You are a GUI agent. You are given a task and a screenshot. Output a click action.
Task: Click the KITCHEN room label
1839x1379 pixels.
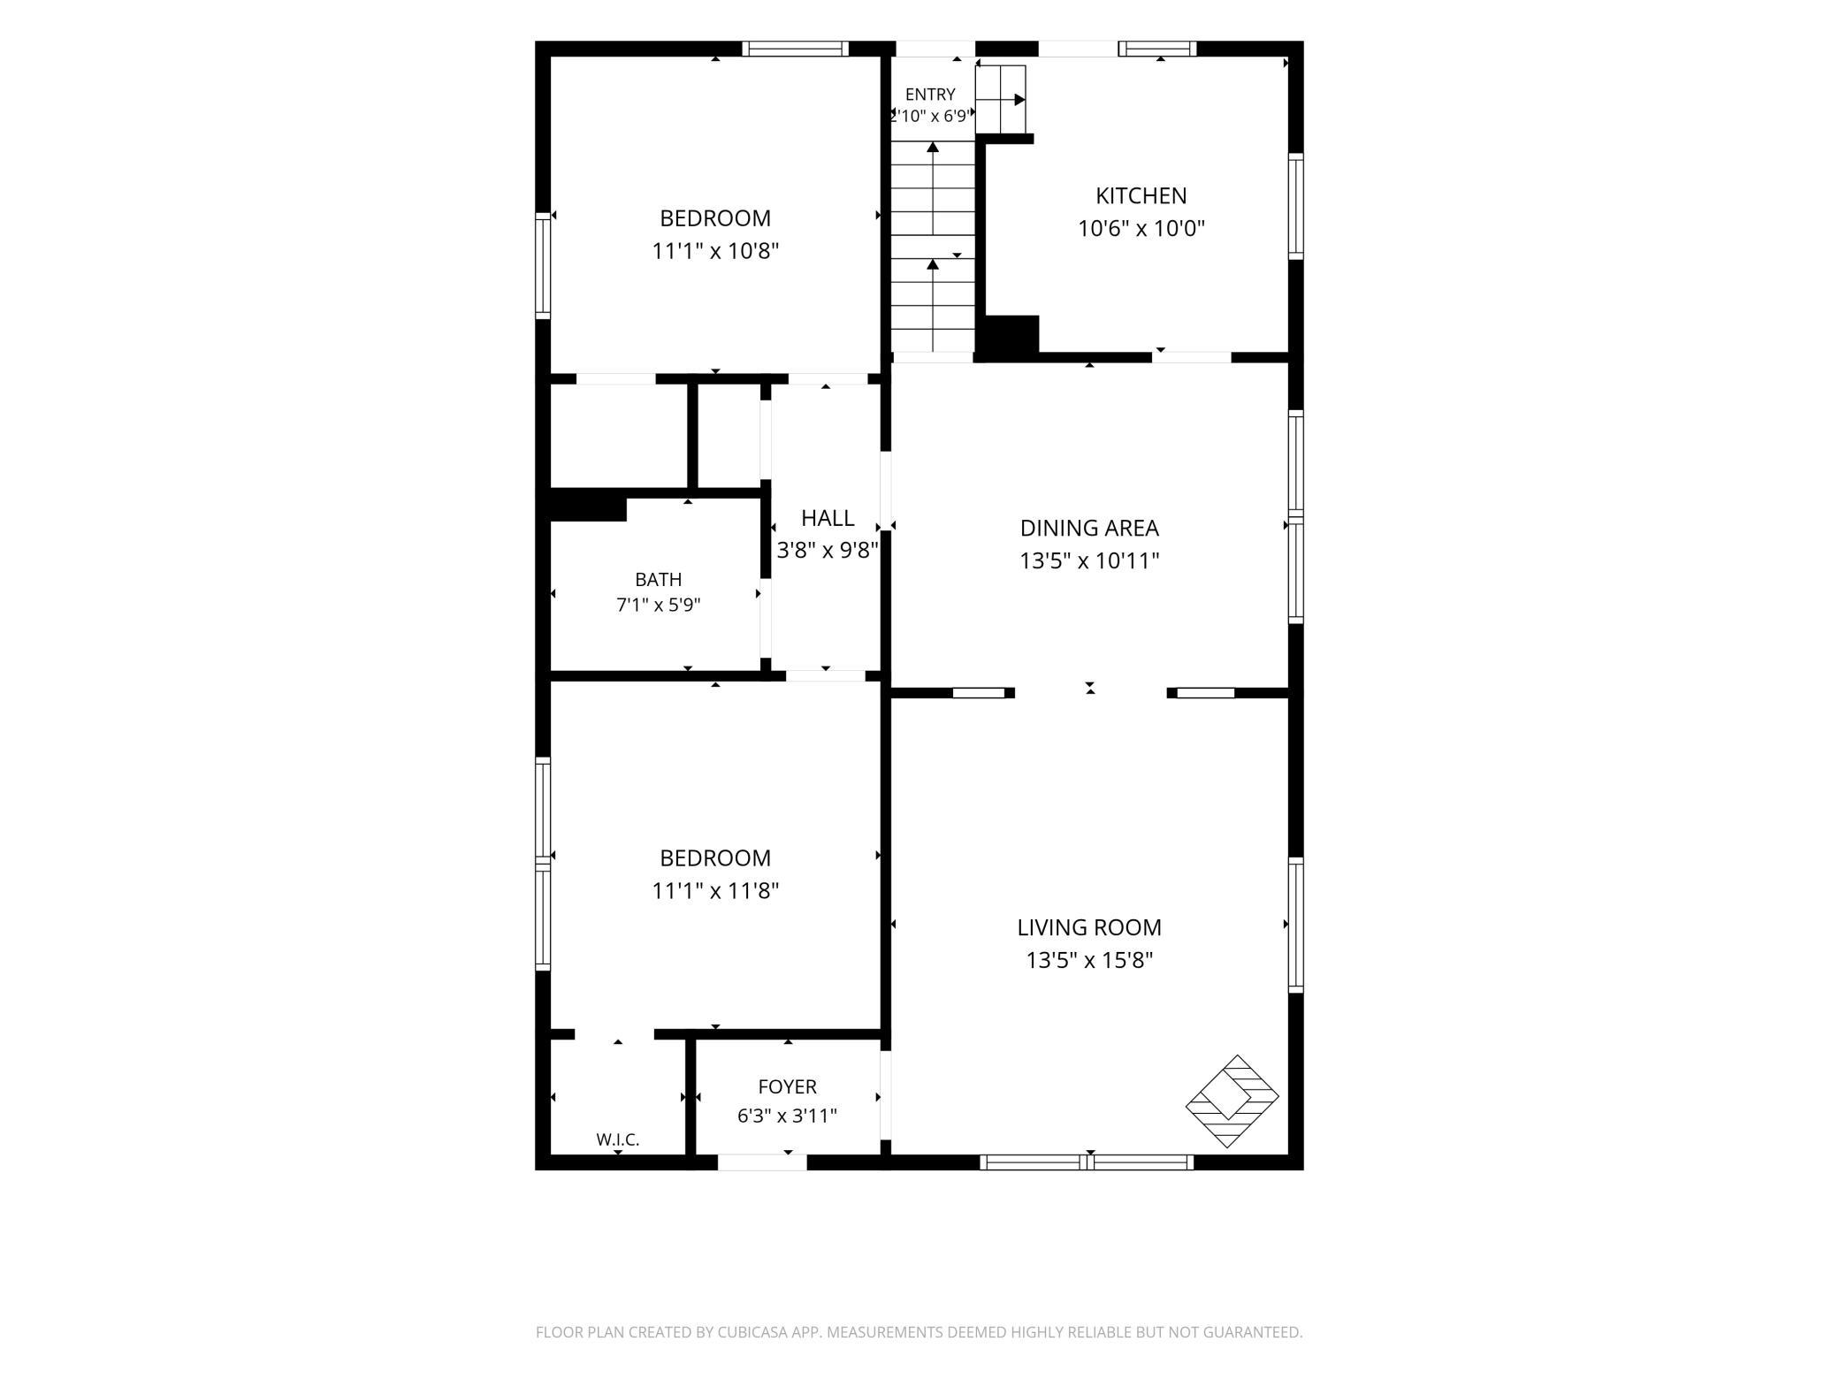tap(1141, 195)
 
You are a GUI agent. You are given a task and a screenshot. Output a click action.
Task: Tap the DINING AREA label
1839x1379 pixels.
tap(1089, 528)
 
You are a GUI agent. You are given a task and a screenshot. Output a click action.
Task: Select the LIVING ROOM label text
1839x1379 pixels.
tap(1089, 927)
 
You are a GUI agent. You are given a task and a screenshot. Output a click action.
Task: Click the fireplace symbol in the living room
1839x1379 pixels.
tap(1232, 1101)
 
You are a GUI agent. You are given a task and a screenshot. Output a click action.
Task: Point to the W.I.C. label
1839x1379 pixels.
tap(617, 1139)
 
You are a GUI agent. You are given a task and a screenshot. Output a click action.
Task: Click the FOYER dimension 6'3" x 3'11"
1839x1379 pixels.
tap(787, 1116)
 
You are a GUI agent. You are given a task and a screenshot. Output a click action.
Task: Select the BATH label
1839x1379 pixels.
tap(659, 579)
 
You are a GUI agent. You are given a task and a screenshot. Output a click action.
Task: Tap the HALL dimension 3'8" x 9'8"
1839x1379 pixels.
tap(828, 551)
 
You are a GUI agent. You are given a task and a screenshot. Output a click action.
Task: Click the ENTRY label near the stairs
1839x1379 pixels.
tap(930, 94)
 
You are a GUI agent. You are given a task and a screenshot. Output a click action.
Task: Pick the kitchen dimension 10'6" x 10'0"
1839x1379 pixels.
tap(1141, 228)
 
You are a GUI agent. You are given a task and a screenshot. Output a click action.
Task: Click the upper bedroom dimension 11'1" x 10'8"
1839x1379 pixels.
tap(715, 251)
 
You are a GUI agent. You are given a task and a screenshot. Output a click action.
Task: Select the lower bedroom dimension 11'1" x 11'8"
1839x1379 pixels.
tap(715, 890)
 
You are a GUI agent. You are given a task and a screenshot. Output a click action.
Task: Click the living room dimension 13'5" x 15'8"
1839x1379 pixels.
tap(1089, 960)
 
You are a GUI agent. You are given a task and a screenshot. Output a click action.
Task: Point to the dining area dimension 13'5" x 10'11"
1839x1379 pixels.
tap(1089, 560)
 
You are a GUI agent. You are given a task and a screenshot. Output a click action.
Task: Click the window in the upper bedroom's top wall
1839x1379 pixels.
tap(795, 49)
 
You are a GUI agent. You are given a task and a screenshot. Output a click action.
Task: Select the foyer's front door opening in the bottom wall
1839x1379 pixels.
tap(762, 1162)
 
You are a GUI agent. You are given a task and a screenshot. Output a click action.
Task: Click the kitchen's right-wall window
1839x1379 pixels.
tap(1295, 206)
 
